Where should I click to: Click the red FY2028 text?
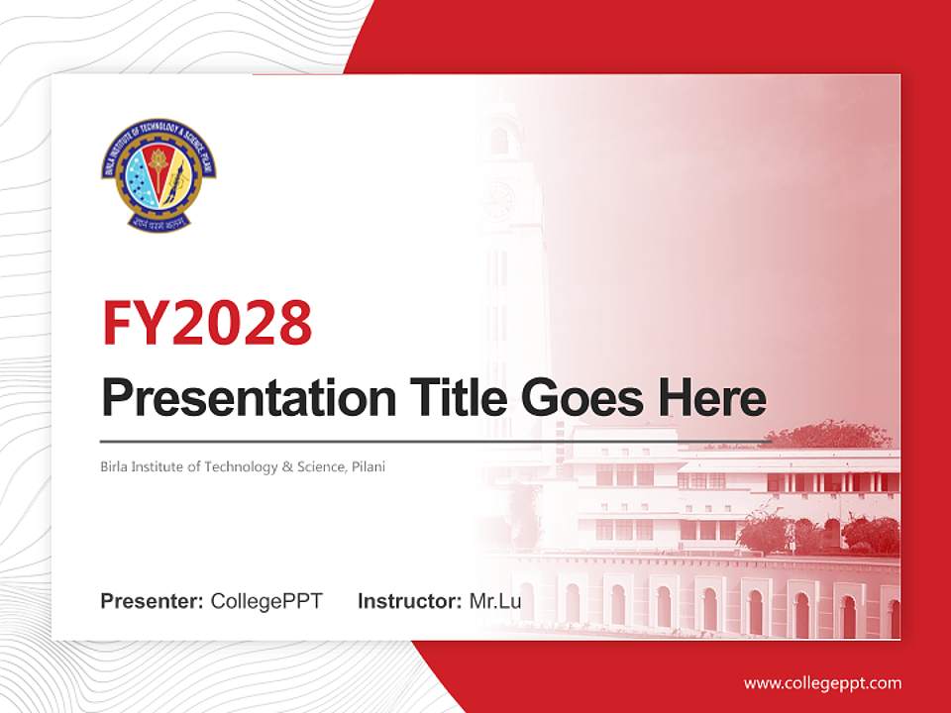point(207,322)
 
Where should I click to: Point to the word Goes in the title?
point(581,398)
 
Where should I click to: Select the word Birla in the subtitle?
point(114,466)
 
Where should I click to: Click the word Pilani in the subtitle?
point(368,466)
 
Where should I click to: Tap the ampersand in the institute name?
point(288,466)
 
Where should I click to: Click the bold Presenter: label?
point(153,601)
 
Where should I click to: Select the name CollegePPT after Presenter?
point(266,601)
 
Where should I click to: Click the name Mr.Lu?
point(495,601)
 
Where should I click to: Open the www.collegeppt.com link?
point(822,683)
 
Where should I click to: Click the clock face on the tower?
point(499,201)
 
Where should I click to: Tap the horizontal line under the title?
point(436,442)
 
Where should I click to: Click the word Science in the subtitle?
point(320,466)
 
